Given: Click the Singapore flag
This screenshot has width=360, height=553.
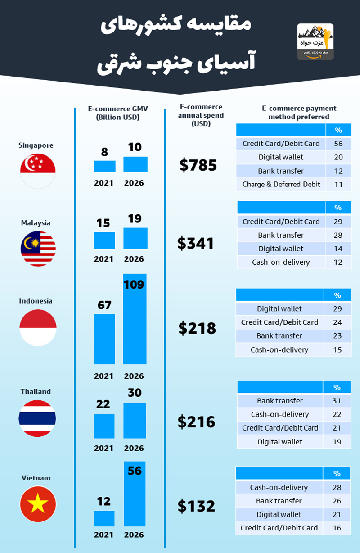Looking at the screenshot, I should [38, 170].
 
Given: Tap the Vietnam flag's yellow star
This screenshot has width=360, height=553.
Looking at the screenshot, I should [38, 504].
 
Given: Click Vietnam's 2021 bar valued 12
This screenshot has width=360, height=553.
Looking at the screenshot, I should [104, 518].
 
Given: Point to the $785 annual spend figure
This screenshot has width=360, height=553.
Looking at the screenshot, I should [198, 165].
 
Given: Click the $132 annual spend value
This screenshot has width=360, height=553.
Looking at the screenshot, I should [196, 506].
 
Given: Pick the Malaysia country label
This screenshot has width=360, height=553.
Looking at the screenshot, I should [36, 222].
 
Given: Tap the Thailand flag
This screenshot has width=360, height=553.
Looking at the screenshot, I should [37, 418].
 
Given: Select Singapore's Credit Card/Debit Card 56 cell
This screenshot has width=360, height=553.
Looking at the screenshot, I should [338, 144].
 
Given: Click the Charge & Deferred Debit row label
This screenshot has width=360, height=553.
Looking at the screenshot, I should [281, 184].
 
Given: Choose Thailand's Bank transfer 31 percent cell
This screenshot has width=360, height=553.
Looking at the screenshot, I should [337, 401].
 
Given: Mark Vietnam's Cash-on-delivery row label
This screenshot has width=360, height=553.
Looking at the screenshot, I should [279, 487].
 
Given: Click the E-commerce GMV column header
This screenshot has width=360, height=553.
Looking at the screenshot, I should [117, 113].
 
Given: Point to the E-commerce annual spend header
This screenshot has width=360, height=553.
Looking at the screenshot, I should [201, 115].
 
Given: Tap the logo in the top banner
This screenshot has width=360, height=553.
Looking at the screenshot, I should [315, 42].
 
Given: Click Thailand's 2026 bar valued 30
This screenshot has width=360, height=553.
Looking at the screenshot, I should [135, 421].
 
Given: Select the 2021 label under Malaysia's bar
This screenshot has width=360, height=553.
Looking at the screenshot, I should [103, 259].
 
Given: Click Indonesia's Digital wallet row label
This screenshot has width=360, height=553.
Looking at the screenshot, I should [279, 309].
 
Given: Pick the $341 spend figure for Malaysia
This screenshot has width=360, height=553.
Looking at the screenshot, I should [195, 243].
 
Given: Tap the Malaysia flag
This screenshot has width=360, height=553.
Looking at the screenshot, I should [38, 249].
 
